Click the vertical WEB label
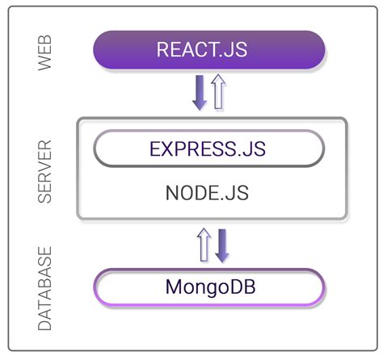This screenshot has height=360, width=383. (46, 52)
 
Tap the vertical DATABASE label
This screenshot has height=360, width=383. (46, 287)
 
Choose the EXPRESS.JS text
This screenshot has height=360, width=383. (208, 149)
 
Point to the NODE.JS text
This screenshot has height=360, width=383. (208, 195)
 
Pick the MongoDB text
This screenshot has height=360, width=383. (209, 287)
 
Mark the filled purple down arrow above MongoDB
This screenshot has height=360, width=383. (222, 244)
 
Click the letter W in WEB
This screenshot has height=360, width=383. (46, 65)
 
